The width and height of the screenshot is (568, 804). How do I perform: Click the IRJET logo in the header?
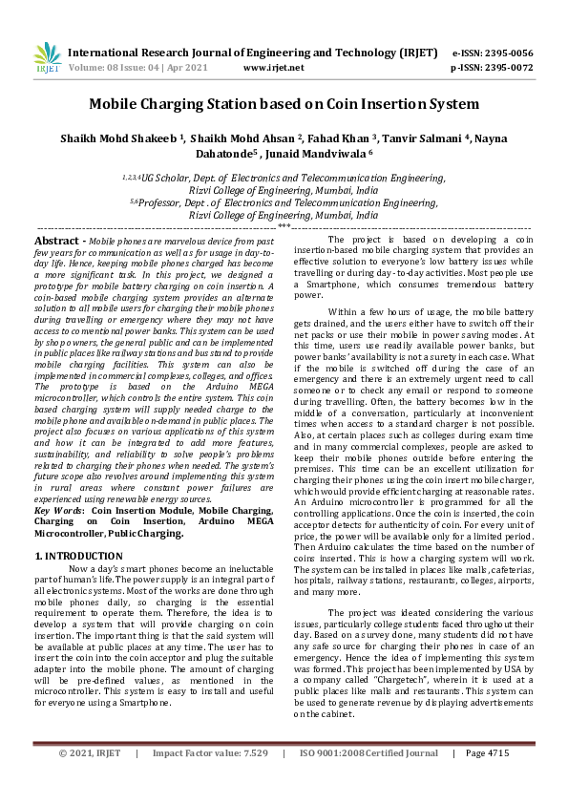pos(46,59)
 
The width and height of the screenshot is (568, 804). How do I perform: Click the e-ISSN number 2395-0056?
pos(507,53)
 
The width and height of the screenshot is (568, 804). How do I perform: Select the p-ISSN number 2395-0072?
pos(507,68)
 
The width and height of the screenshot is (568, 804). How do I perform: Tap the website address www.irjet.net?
pos(274,68)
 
